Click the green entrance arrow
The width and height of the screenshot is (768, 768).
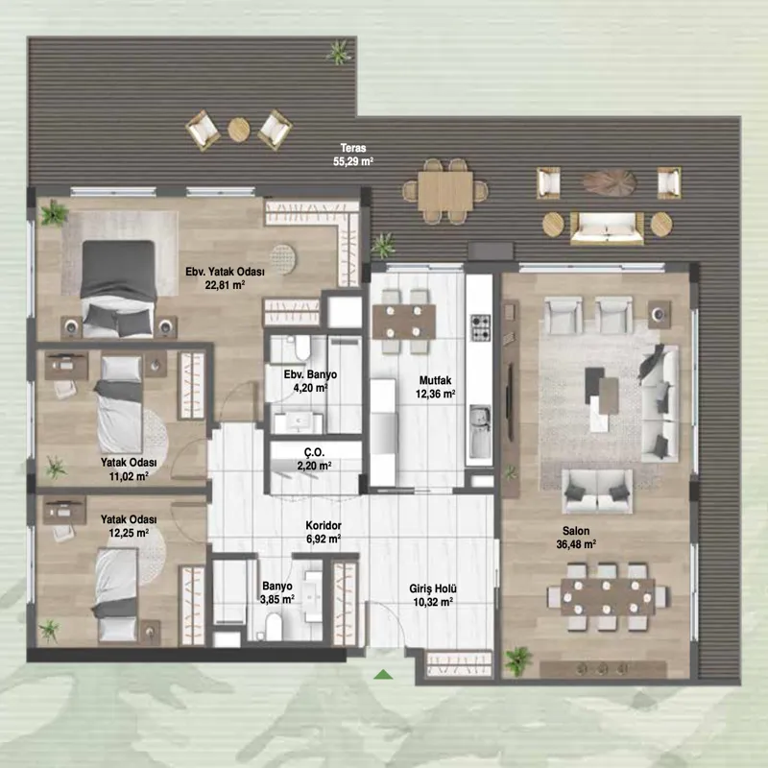pyautogui.click(x=383, y=675)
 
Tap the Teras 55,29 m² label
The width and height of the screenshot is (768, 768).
pyautogui.click(x=353, y=155)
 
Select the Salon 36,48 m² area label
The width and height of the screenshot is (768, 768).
pyautogui.click(x=576, y=538)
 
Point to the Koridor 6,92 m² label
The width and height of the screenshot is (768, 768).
pyautogui.click(x=324, y=533)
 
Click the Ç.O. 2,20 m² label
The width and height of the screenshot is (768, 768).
pyautogui.click(x=314, y=459)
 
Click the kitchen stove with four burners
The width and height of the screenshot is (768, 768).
pyautogui.click(x=481, y=327)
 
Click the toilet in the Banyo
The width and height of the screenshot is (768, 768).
pyautogui.click(x=274, y=627)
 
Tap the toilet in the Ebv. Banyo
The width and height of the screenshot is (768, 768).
pyautogui.click(x=302, y=348)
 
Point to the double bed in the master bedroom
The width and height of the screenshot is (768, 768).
pyautogui.click(x=117, y=289)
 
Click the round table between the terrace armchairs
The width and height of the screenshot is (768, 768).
pyautogui.click(x=238, y=130)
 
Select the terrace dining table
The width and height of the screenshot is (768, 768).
pyautogui.click(x=445, y=190)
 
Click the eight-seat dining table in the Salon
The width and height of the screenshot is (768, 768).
pyautogui.click(x=608, y=597)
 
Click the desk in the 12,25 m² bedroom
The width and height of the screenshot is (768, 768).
pyautogui.click(x=64, y=512)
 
